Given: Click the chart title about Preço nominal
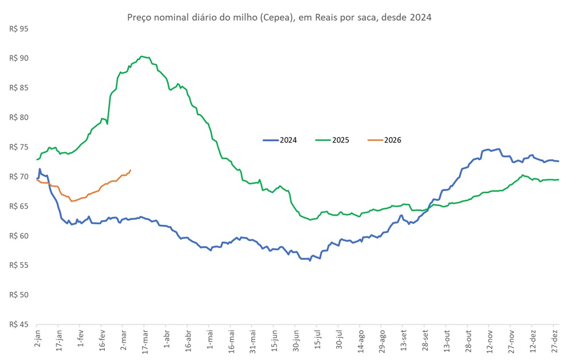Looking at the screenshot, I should (x=279, y=17).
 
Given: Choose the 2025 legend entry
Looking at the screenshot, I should (x=340, y=140).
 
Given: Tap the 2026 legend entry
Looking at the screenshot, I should (x=392, y=140).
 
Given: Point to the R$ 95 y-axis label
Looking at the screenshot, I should (x=19, y=29).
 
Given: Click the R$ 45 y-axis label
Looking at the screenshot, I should (x=19, y=325).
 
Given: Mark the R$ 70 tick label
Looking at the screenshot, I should (x=19, y=176).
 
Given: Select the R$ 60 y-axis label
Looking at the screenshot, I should (x=19, y=236).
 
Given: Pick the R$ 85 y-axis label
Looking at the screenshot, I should (x=19, y=88).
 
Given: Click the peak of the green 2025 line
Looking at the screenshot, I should (x=142, y=56).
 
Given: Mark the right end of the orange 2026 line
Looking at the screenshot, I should (x=131, y=170).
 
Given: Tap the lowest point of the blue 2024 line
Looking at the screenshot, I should (x=310, y=260).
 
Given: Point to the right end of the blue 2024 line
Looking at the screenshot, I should (x=558, y=161).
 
